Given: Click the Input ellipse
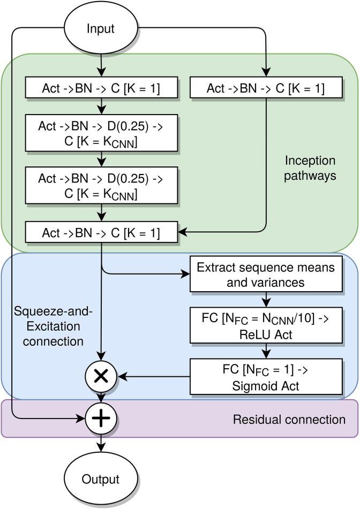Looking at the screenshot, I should pyautogui.click(x=101, y=27).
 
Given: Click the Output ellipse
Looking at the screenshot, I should pyautogui.click(x=101, y=479).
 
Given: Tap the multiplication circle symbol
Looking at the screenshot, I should pyautogui.click(x=101, y=376).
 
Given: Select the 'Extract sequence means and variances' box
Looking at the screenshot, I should pyautogui.click(x=266, y=274).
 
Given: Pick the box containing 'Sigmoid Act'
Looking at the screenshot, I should pyautogui.click(x=266, y=376).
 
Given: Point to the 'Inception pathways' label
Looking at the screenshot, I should pyautogui.click(x=310, y=168).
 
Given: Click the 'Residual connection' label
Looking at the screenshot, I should pyautogui.click(x=289, y=419).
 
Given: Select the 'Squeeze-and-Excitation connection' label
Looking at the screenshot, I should pyautogui.click(x=49, y=326).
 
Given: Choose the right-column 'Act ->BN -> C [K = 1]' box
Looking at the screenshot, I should pyautogui.click(x=266, y=88).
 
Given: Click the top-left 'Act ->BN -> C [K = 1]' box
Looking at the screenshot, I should pyautogui.click(x=101, y=88).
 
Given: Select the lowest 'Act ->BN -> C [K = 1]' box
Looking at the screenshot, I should pyautogui.click(x=101, y=233).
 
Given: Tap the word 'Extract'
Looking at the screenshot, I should pyautogui.click(x=215, y=267).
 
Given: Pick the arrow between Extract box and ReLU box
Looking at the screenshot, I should pyautogui.click(x=266, y=300).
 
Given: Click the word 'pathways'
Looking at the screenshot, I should pyautogui.click(x=310, y=175).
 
